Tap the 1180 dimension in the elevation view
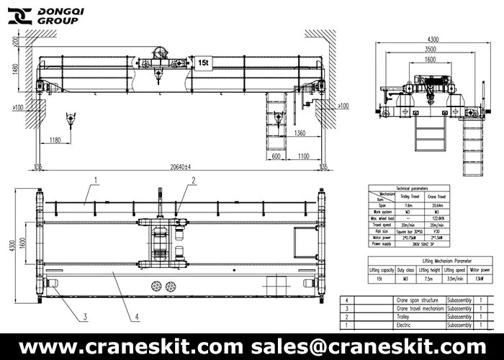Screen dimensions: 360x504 (50, 138)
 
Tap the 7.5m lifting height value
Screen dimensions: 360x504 (428, 278)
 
